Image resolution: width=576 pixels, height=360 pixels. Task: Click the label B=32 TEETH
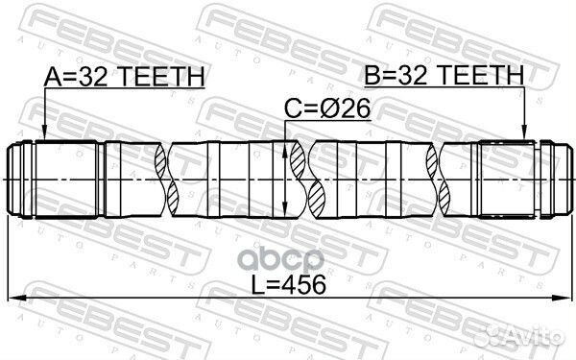point(443,76)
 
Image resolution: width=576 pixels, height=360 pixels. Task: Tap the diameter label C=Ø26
point(329,112)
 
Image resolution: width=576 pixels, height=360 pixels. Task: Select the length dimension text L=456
point(288,284)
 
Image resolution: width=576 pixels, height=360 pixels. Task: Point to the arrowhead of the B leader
point(523,137)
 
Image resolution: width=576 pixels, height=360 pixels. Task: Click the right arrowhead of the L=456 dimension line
point(561,298)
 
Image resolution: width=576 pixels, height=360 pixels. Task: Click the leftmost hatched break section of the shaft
point(165,179)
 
